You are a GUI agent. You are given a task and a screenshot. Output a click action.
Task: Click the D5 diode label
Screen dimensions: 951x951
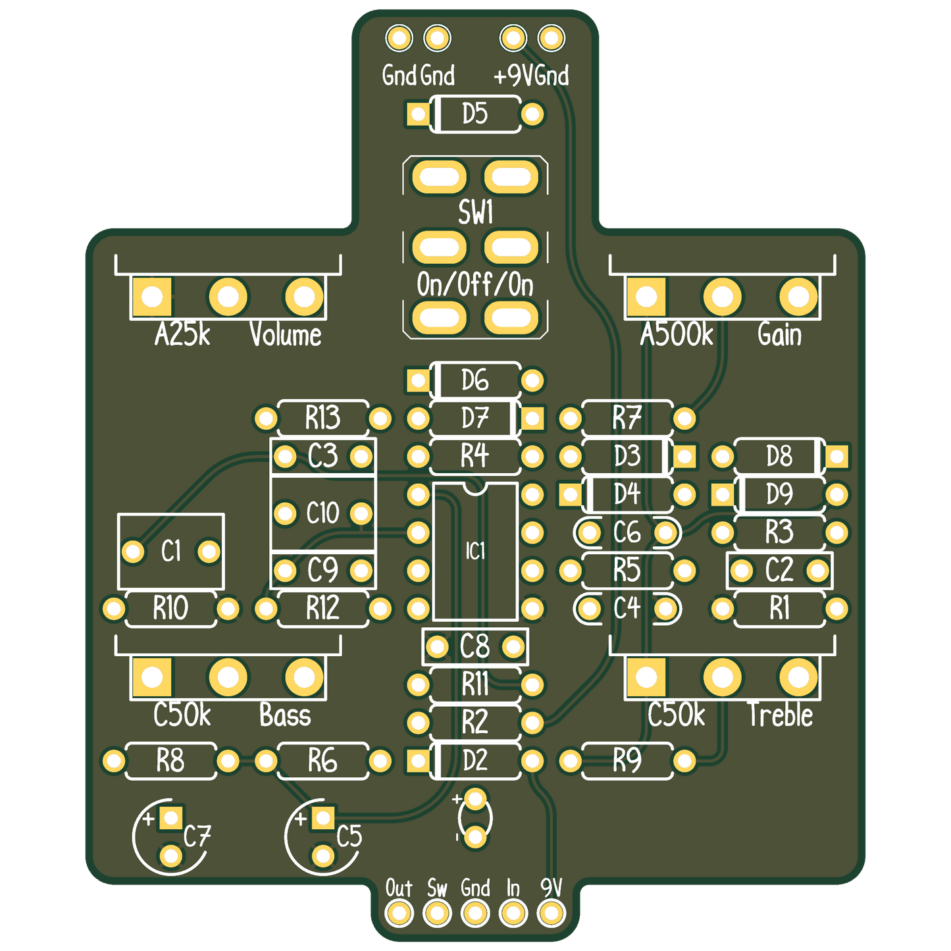point(475,113)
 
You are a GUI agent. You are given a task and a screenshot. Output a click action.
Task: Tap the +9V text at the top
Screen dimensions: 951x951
point(513,76)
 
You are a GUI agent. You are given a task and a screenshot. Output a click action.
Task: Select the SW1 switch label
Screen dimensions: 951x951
point(475,212)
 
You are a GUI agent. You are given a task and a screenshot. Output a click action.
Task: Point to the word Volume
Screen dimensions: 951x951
point(285,334)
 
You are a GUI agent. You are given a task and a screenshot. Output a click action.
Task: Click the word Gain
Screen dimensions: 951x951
point(779,334)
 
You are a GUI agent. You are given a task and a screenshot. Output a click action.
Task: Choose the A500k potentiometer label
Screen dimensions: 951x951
point(676,334)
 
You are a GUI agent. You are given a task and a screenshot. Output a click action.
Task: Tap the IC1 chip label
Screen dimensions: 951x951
point(475,551)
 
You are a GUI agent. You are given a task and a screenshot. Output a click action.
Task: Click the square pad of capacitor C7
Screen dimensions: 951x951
point(171,819)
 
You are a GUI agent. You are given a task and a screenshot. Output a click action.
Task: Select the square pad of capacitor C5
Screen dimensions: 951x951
point(323,819)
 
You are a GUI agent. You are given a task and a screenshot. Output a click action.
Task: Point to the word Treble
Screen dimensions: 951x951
point(781,715)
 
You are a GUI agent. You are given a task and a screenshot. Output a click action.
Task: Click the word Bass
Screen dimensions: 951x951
point(285,715)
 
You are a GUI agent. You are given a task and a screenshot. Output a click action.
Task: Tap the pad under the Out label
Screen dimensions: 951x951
point(399,913)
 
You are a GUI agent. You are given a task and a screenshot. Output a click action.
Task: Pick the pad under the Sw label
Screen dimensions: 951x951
point(437,913)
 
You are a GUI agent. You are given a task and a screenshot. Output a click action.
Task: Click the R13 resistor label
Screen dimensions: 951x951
point(322,417)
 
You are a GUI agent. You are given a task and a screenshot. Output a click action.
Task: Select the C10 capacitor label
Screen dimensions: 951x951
point(322,513)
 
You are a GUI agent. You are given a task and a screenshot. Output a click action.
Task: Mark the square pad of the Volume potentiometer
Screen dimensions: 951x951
point(152,297)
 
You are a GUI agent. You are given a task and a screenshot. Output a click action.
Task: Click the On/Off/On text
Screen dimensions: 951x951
point(475,285)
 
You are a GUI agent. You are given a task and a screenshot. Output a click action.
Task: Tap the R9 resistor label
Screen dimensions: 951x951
point(627,760)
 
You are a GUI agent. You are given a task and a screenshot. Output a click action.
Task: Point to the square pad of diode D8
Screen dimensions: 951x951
point(837,456)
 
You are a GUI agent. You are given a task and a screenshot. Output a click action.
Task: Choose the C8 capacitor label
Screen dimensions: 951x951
point(475,646)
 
